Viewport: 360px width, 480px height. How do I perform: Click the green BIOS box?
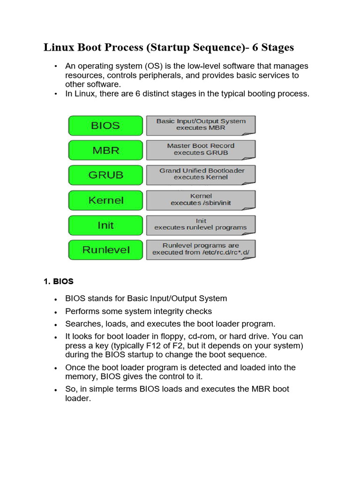tap(105, 126)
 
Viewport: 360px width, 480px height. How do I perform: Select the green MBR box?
tap(105, 150)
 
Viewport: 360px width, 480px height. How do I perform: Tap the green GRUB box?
tap(105, 175)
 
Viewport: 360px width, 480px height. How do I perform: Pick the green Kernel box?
tap(105, 200)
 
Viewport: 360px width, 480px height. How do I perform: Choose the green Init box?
tap(105, 225)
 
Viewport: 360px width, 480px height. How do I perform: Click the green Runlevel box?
tap(105, 250)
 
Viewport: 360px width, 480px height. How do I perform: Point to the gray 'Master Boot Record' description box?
tap(201, 150)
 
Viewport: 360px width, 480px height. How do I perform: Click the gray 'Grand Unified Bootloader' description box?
tap(201, 174)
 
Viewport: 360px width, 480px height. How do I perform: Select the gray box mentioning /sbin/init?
tap(201, 200)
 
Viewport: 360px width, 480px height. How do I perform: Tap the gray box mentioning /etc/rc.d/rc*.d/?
tap(201, 249)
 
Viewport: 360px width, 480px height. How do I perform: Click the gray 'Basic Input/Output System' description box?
tap(201, 125)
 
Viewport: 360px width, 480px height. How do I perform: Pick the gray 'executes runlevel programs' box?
tap(201, 224)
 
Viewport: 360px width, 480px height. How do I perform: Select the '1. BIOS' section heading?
tap(59, 282)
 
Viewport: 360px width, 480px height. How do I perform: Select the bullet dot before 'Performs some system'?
tap(56, 312)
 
